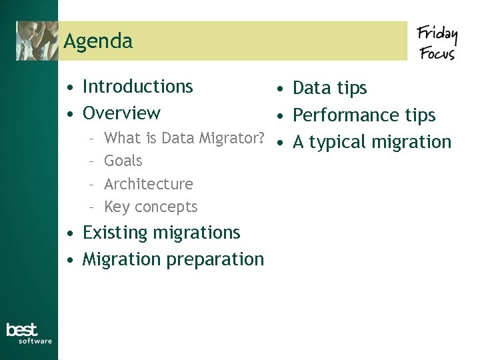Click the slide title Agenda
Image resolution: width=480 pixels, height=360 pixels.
click(98, 41)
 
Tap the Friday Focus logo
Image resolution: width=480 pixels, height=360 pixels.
click(437, 42)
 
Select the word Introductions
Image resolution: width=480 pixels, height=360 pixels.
click(137, 87)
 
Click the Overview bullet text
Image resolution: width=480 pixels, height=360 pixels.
click(121, 113)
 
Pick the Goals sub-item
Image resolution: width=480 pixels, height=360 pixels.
click(123, 161)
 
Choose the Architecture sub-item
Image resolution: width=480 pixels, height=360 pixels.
click(149, 184)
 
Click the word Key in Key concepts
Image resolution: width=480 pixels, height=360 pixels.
click(117, 207)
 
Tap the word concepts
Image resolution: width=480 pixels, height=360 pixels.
click(166, 207)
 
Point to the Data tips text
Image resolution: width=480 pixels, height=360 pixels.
click(330, 88)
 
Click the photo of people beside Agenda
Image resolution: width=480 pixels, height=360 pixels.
click(37, 41)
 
